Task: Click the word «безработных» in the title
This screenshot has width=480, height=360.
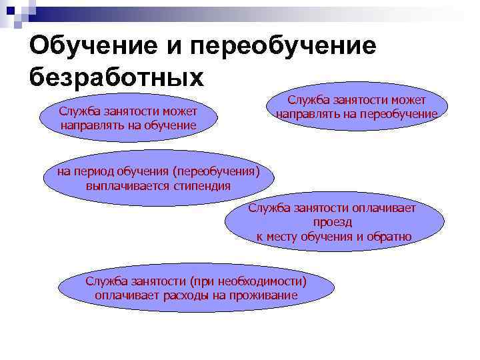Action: [x=116, y=77]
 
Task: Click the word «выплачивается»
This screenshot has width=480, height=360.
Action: [x=124, y=186]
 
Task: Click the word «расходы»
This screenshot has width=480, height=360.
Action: [x=187, y=295]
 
